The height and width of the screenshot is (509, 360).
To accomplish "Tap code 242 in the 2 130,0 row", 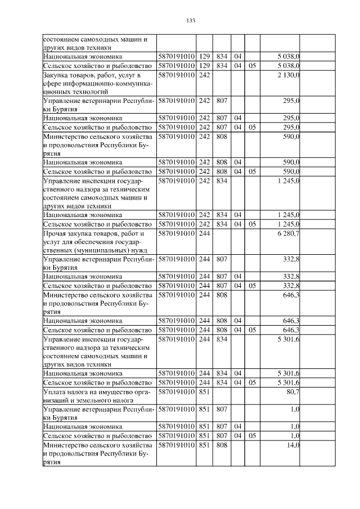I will [x=204, y=75].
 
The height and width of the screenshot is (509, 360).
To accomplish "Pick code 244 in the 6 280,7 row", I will [x=204, y=233].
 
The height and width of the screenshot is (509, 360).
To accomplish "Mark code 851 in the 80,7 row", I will [x=204, y=391].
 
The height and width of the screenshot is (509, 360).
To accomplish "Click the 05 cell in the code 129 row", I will [x=252, y=66].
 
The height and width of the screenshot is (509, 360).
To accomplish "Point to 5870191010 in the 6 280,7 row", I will [x=176, y=233].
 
